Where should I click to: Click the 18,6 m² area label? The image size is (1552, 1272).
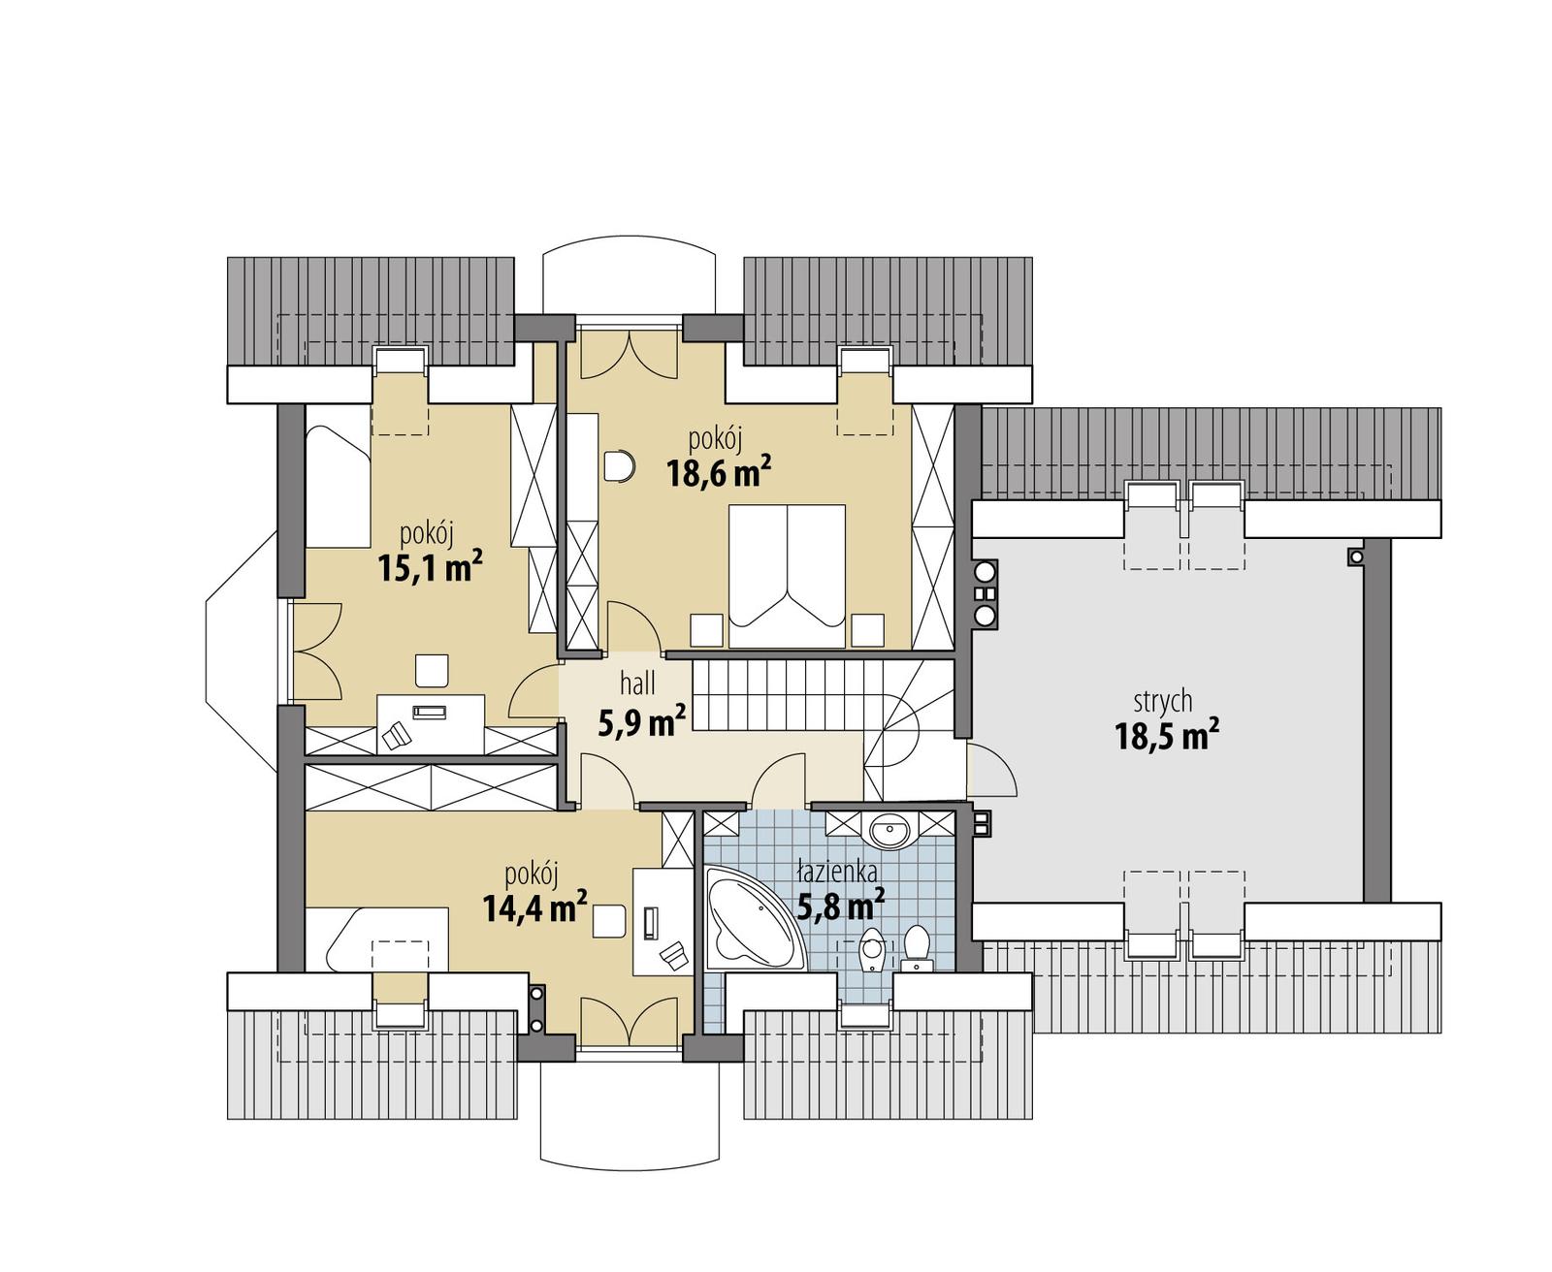click(718, 473)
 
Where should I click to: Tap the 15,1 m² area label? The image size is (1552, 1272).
click(430, 567)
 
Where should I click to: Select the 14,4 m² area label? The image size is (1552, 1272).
click(533, 907)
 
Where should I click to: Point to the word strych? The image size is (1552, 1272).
click(1162, 701)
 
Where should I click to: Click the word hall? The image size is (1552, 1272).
click(637, 684)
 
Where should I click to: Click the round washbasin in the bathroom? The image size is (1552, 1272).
click(889, 831)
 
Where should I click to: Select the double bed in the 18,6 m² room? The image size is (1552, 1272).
click(787, 575)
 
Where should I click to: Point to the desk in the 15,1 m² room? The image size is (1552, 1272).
click(430, 722)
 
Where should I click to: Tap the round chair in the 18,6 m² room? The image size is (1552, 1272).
click(618, 466)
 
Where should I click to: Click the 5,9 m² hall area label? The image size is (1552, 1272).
click(641, 721)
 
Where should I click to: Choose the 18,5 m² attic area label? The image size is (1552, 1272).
click(1166, 737)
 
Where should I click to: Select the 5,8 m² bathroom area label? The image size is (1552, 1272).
click(840, 906)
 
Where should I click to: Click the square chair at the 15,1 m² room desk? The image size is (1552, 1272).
click(433, 670)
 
